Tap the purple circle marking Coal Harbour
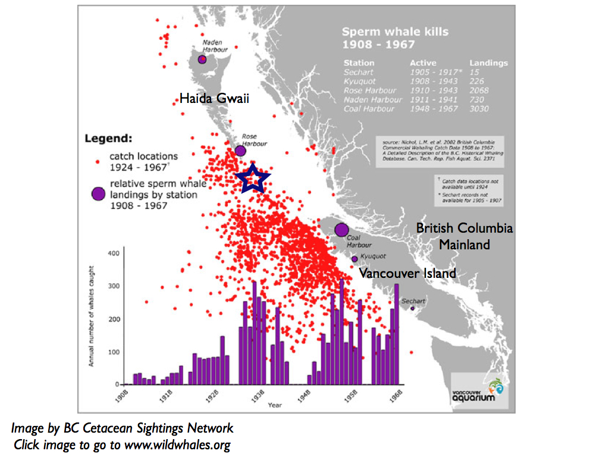341,229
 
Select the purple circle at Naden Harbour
203,60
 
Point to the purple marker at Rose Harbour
240,151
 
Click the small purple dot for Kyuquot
355,259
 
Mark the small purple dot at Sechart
412,308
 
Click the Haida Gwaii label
214,99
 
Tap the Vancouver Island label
407,273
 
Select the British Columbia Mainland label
464,236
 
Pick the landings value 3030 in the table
479,109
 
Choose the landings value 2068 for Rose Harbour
479,90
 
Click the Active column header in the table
423,62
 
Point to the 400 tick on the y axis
114,253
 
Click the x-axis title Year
275,405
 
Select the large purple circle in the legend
98,193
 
